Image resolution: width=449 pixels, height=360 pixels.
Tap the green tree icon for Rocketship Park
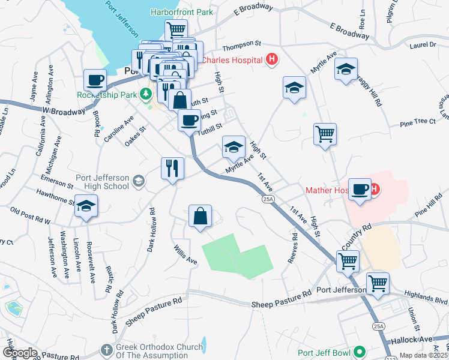click(145, 94)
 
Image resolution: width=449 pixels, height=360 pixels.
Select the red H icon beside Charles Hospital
click(273, 59)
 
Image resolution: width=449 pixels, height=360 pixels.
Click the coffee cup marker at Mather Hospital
click(360, 190)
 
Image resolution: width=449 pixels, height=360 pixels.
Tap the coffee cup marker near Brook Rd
click(95, 80)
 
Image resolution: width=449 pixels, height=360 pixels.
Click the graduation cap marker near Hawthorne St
click(86, 207)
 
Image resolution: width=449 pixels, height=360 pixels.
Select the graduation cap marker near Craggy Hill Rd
click(346, 69)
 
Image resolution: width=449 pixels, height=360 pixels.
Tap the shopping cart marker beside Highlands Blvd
click(378, 283)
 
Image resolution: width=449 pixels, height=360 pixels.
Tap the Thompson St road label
click(241, 44)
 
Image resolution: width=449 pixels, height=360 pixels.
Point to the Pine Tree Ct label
click(417, 122)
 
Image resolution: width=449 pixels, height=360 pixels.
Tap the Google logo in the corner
click(20, 352)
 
